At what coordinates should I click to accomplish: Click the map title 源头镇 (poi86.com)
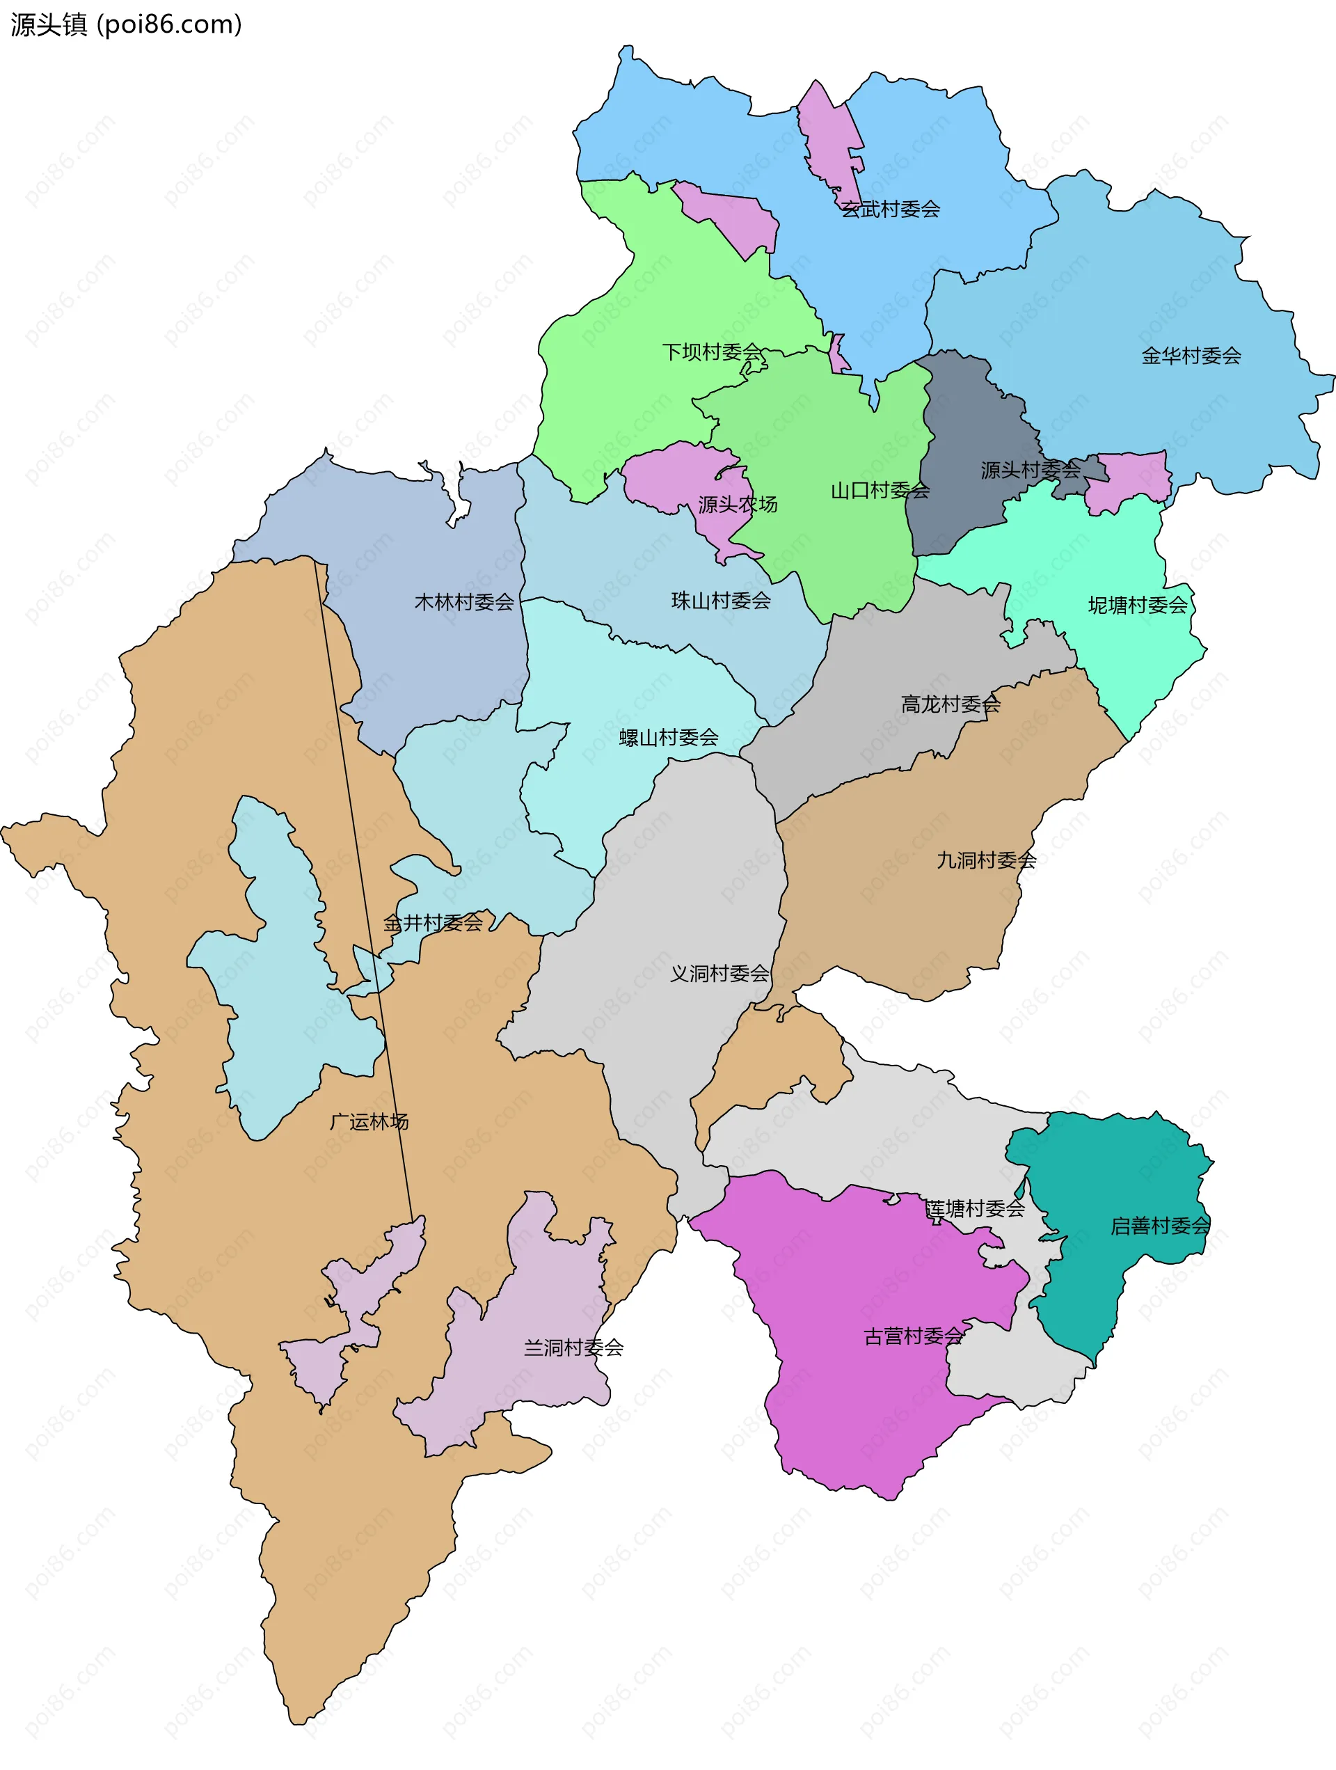pyautogui.click(x=126, y=25)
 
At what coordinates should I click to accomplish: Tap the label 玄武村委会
pyautogui.click(x=891, y=210)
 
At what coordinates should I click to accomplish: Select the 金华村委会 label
pyautogui.click(x=1191, y=356)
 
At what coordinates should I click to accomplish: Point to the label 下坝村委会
pyautogui.click(x=711, y=352)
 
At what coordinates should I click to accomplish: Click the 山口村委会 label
pyautogui.click(x=880, y=491)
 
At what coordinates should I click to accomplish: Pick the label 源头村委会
pyautogui.click(x=1031, y=471)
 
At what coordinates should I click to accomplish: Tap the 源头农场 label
pyautogui.click(x=737, y=505)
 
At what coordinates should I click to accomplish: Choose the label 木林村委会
pyautogui.click(x=464, y=603)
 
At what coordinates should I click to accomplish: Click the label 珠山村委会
pyautogui.click(x=720, y=601)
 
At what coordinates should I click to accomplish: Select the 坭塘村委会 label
pyautogui.click(x=1137, y=606)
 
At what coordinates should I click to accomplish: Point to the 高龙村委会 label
pyautogui.click(x=950, y=705)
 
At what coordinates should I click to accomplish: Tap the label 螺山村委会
pyautogui.click(x=668, y=738)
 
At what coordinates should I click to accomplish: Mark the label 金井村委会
pyautogui.click(x=433, y=924)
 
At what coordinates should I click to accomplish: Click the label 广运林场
pyautogui.click(x=369, y=1122)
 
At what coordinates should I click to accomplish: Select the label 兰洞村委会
pyautogui.click(x=573, y=1348)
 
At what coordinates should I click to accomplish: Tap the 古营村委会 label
pyautogui.click(x=913, y=1336)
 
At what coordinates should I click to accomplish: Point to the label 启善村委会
pyautogui.click(x=1159, y=1226)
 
